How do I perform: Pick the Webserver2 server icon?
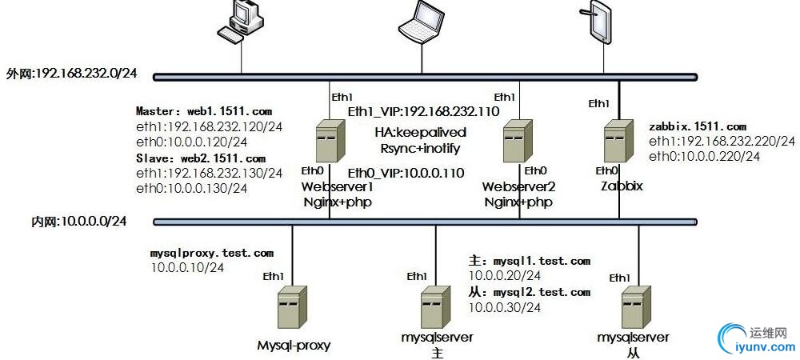[x=517, y=142]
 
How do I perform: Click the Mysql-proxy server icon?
[x=292, y=308]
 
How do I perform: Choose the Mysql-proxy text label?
[x=294, y=346]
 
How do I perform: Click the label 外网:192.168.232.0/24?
[x=71, y=74]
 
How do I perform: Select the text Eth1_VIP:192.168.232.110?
[x=423, y=111]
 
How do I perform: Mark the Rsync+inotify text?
[x=420, y=147]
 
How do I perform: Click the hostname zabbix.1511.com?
[x=698, y=126]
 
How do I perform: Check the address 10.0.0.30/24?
[x=504, y=307]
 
